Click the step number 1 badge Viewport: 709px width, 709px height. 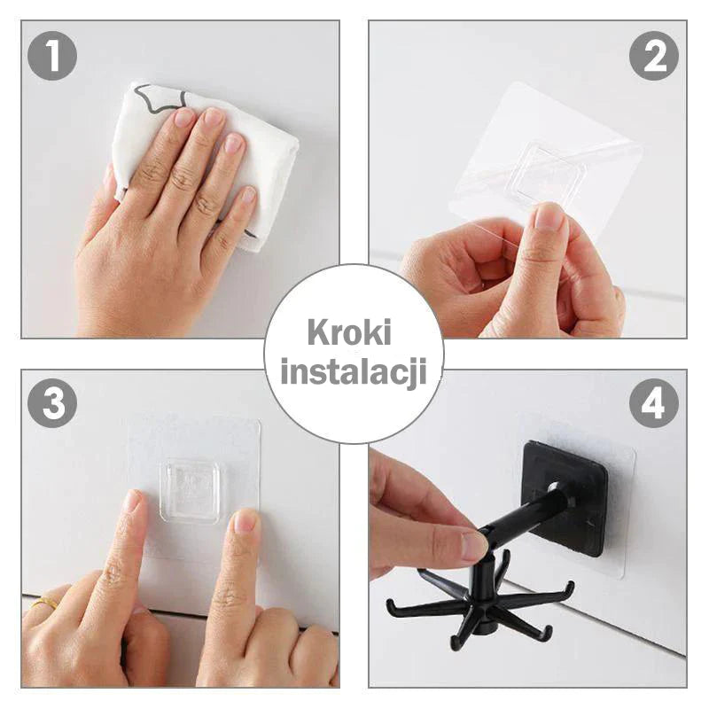click(52, 56)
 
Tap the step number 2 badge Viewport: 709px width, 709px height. click(654, 56)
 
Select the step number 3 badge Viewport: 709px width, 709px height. click(52, 403)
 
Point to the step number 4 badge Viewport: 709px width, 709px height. click(654, 403)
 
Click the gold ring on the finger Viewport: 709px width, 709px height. click(44, 603)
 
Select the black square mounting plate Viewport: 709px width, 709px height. click(565, 498)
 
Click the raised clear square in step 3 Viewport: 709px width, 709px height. click(191, 492)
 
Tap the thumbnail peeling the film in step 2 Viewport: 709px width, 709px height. click(549, 217)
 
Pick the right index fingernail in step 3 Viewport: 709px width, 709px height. click(245, 521)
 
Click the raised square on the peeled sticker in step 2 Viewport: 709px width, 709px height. click(550, 173)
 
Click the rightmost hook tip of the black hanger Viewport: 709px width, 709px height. click(573, 587)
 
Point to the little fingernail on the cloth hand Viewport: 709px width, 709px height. click(248, 194)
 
